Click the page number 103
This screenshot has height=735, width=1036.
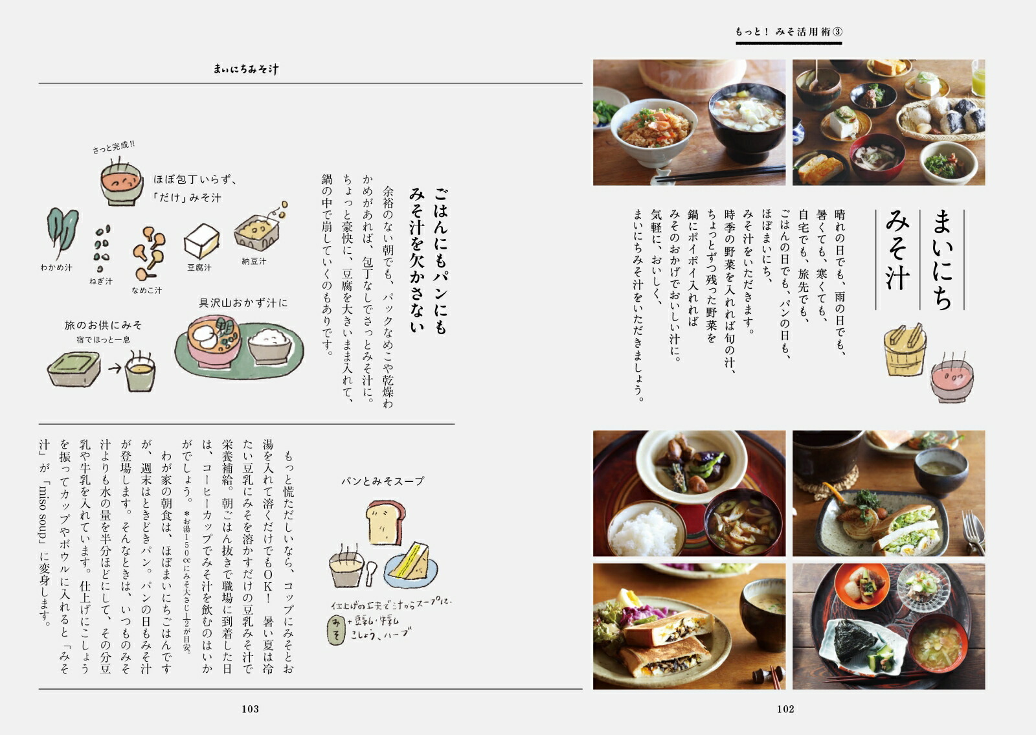[250, 709]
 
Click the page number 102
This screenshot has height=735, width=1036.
[785, 709]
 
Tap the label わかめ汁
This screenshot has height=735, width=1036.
[56, 267]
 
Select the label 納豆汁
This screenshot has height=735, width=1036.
[254, 261]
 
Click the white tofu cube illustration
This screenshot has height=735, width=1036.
[201, 241]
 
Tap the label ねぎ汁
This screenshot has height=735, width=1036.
[101, 281]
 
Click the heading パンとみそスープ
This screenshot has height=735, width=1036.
[383, 481]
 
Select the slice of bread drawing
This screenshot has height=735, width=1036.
[385, 522]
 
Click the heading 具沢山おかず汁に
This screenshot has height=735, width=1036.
[243, 303]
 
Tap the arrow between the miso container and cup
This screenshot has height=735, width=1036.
[115, 368]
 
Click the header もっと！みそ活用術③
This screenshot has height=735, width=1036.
[789, 32]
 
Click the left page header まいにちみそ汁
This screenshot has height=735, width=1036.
[246, 69]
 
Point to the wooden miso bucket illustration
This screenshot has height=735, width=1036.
[905, 350]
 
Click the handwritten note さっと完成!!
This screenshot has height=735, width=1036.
[113, 146]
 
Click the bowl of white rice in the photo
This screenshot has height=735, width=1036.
[647, 528]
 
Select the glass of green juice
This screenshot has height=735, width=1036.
[978, 77]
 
